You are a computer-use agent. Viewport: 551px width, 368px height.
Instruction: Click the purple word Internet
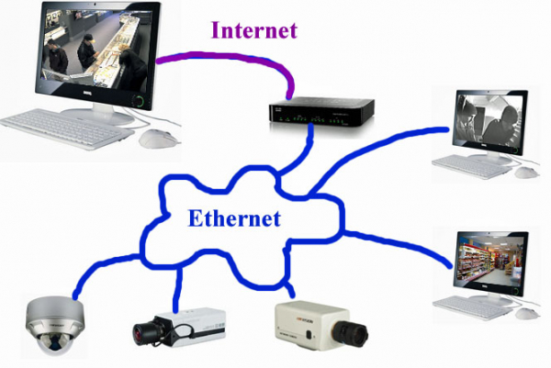tap(254, 30)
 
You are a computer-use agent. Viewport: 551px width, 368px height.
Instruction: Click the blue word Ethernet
tap(234, 218)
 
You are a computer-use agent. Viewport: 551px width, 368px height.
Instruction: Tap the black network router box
tap(321, 112)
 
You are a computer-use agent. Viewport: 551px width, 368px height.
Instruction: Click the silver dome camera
tap(55, 325)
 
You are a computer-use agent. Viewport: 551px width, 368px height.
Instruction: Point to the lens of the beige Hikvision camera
tap(351, 334)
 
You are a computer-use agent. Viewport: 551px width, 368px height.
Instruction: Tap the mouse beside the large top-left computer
tap(159, 139)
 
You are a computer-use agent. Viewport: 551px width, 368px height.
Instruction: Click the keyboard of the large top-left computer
tap(63, 128)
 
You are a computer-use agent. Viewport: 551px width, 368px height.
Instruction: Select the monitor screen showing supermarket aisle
tap(490, 261)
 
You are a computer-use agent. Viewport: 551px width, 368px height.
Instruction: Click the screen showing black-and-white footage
tap(489, 120)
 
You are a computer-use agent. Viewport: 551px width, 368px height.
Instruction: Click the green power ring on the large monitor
tap(140, 101)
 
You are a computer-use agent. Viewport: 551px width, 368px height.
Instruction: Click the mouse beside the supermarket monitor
tap(527, 313)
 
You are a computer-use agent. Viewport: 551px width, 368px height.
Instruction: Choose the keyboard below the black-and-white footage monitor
tap(470, 166)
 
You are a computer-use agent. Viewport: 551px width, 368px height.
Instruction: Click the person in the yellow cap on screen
tap(87, 51)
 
